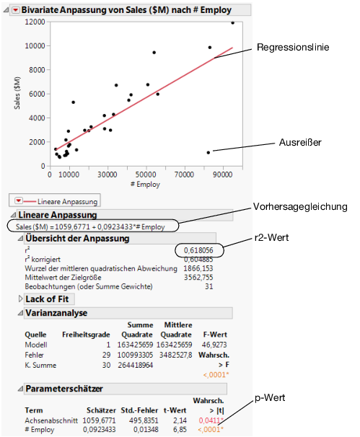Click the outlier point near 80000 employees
point(208,152)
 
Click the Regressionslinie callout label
point(293,48)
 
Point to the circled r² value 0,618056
point(198,250)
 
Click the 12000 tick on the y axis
point(34,21)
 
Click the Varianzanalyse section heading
point(56,313)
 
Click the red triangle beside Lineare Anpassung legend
point(17,199)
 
